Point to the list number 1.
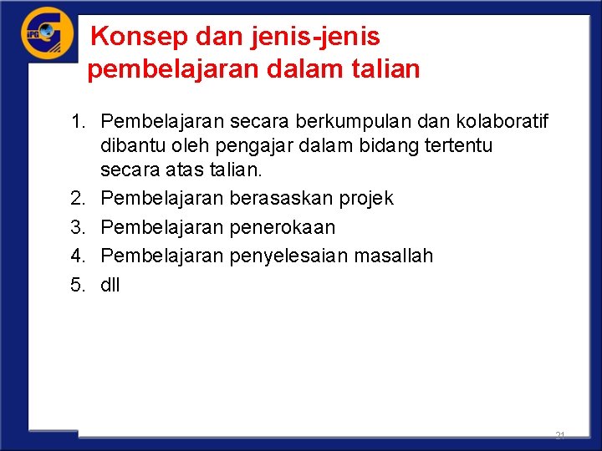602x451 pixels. [78, 123]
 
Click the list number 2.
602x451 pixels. [78, 198]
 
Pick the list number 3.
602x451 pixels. [78, 227]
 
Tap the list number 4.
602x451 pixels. [78, 256]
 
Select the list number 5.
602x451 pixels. [78, 285]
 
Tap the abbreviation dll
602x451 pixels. [110, 285]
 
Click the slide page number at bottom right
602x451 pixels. [559, 436]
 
